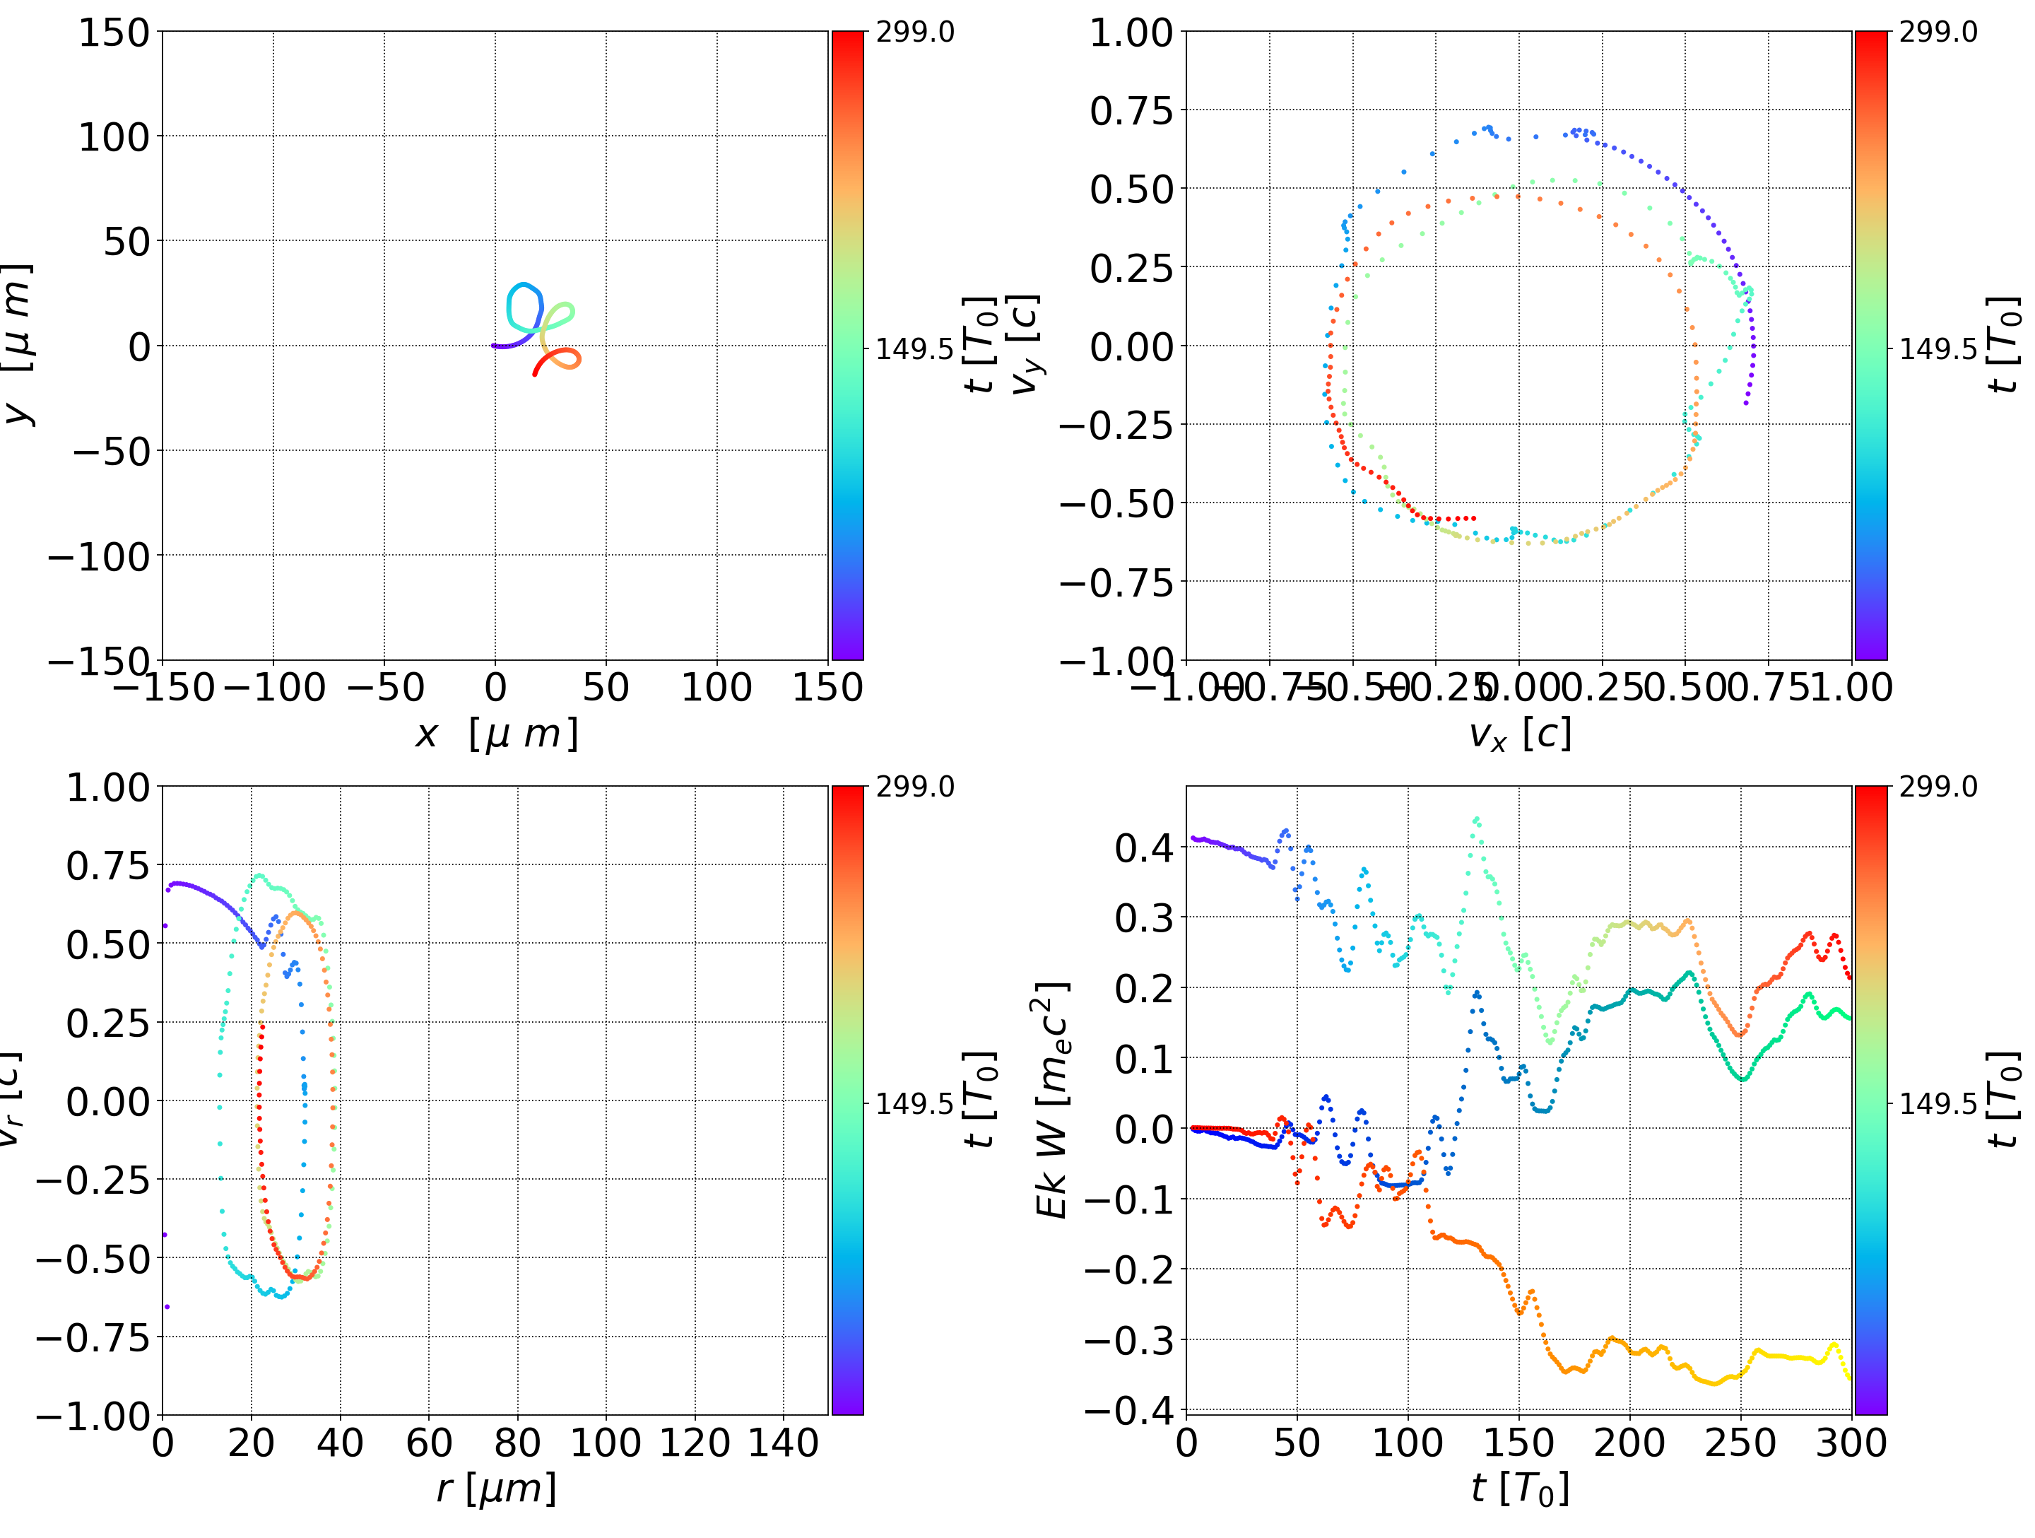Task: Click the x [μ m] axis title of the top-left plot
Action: click(x=496, y=734)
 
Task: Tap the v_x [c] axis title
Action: click(x=1519, y=734)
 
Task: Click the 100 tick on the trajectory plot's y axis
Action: click(x=113, y=137)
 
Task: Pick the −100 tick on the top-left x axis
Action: click(x=274, y=688)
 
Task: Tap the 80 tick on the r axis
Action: click(x=517, y=1443)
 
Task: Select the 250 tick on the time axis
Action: click(x=1740, y=1443)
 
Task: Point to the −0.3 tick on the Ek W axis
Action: click(x=1128, y=1341)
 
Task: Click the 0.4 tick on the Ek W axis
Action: click(x=1145, y=847)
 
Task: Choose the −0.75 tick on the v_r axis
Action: click(x=92, y=1337)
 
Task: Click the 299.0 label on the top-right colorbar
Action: click(x=1938, y=33)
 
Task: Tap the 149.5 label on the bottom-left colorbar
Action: click(x=914, y=1103)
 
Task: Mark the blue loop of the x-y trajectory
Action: click(x=524, y=307)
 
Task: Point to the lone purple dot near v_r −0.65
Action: click(x=167, y=1306)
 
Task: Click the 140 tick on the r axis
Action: click(x=783, y=1443)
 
